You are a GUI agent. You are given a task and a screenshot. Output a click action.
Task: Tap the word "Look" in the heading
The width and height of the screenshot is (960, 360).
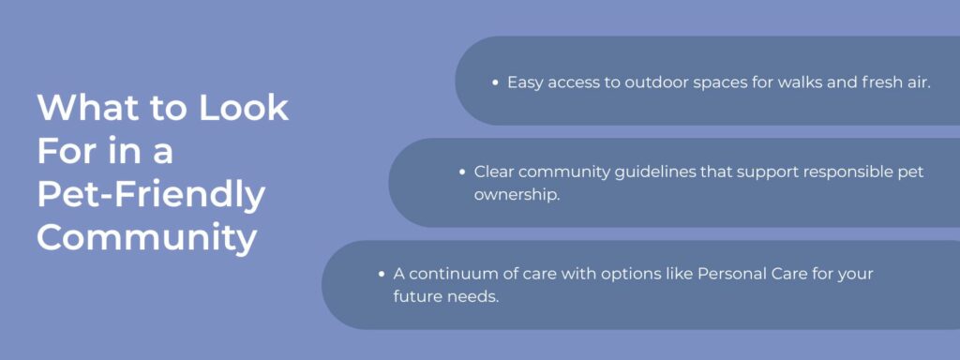click(x=243, y=109)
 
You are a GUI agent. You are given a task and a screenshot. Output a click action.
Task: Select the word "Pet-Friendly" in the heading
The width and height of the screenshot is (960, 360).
click(x=151, y=195)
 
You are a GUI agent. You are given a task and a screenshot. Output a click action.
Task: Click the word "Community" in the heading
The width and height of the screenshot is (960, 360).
click(x=146, y=238)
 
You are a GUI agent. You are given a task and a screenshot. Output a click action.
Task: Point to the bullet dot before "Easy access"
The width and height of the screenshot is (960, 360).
click(x=495, y=82)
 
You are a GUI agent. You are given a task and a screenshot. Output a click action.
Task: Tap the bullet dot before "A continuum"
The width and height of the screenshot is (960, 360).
click(x=382, y=275)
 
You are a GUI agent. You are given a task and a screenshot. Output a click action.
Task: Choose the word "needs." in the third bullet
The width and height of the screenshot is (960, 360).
click(x=472, y=297)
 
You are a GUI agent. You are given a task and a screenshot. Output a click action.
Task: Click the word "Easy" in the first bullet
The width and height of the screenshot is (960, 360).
click(x=524, y=82)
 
